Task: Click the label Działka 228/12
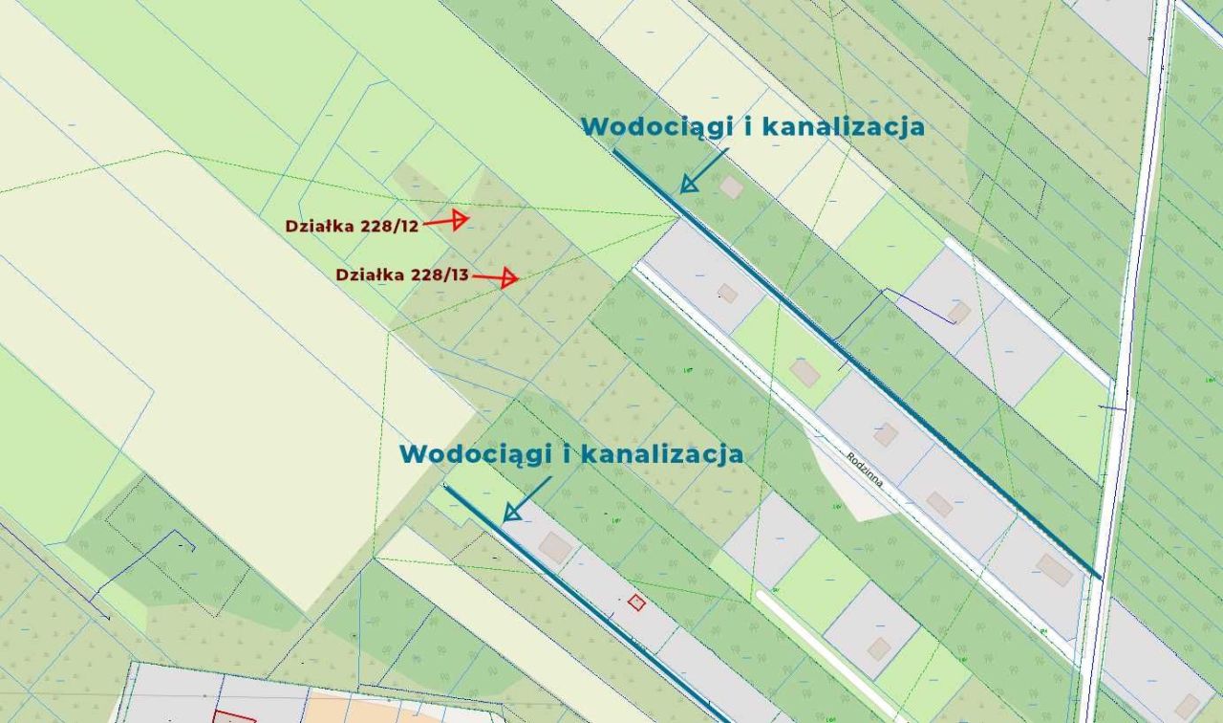click(x=352, y=226)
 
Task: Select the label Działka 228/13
click(x=402, y=274)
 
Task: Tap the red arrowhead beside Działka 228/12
click(x=460, y=220)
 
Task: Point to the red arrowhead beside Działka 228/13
click(x=509, y=278)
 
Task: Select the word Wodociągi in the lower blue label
click(x=475, y=453)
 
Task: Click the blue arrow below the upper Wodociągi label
click(x=701, y=172)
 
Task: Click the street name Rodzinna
click(x=865, y=469)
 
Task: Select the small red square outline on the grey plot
click(x=636, y=602)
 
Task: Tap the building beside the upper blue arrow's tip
click(x=731, y=186)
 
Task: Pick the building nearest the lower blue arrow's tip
click(x=555, y=547)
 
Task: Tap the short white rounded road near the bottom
click(x=822, y=650)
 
